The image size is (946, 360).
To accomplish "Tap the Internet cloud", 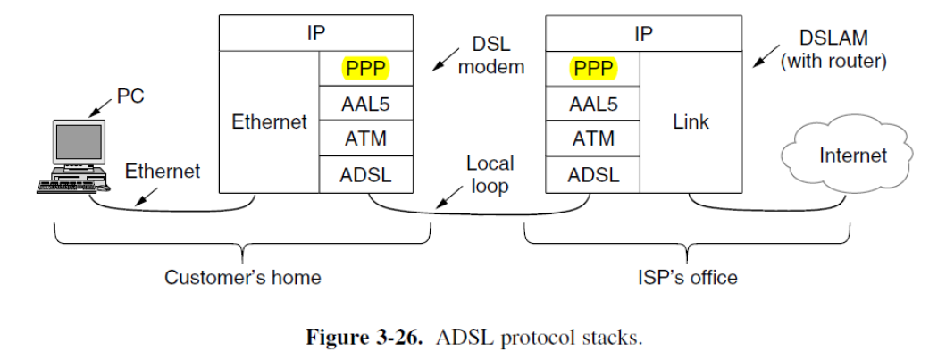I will (852, 156).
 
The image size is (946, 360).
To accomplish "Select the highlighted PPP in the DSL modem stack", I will (365, 68).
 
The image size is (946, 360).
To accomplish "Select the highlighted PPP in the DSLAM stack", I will (594, 68).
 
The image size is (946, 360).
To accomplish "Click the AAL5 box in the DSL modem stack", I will (365, 104).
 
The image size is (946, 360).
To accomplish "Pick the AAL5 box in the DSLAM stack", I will (594, 104).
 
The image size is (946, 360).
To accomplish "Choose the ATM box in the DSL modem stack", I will (365, 138).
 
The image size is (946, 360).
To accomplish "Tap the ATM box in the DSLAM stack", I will (594, 138).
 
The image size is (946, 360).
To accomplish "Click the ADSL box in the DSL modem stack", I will (365, 174).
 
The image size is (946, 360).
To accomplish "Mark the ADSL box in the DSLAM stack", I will (594, 174).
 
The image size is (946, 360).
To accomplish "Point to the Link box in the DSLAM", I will (691, 121).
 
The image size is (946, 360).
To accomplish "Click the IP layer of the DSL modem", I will (315, 34).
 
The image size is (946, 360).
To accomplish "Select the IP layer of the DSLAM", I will (642, 34).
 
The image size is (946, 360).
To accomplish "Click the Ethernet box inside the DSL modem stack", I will (269, 121).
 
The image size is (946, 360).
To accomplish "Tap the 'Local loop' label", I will (490, 174).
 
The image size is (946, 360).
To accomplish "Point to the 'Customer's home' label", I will (242, 277).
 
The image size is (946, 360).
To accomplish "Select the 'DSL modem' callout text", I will (491, 54).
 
